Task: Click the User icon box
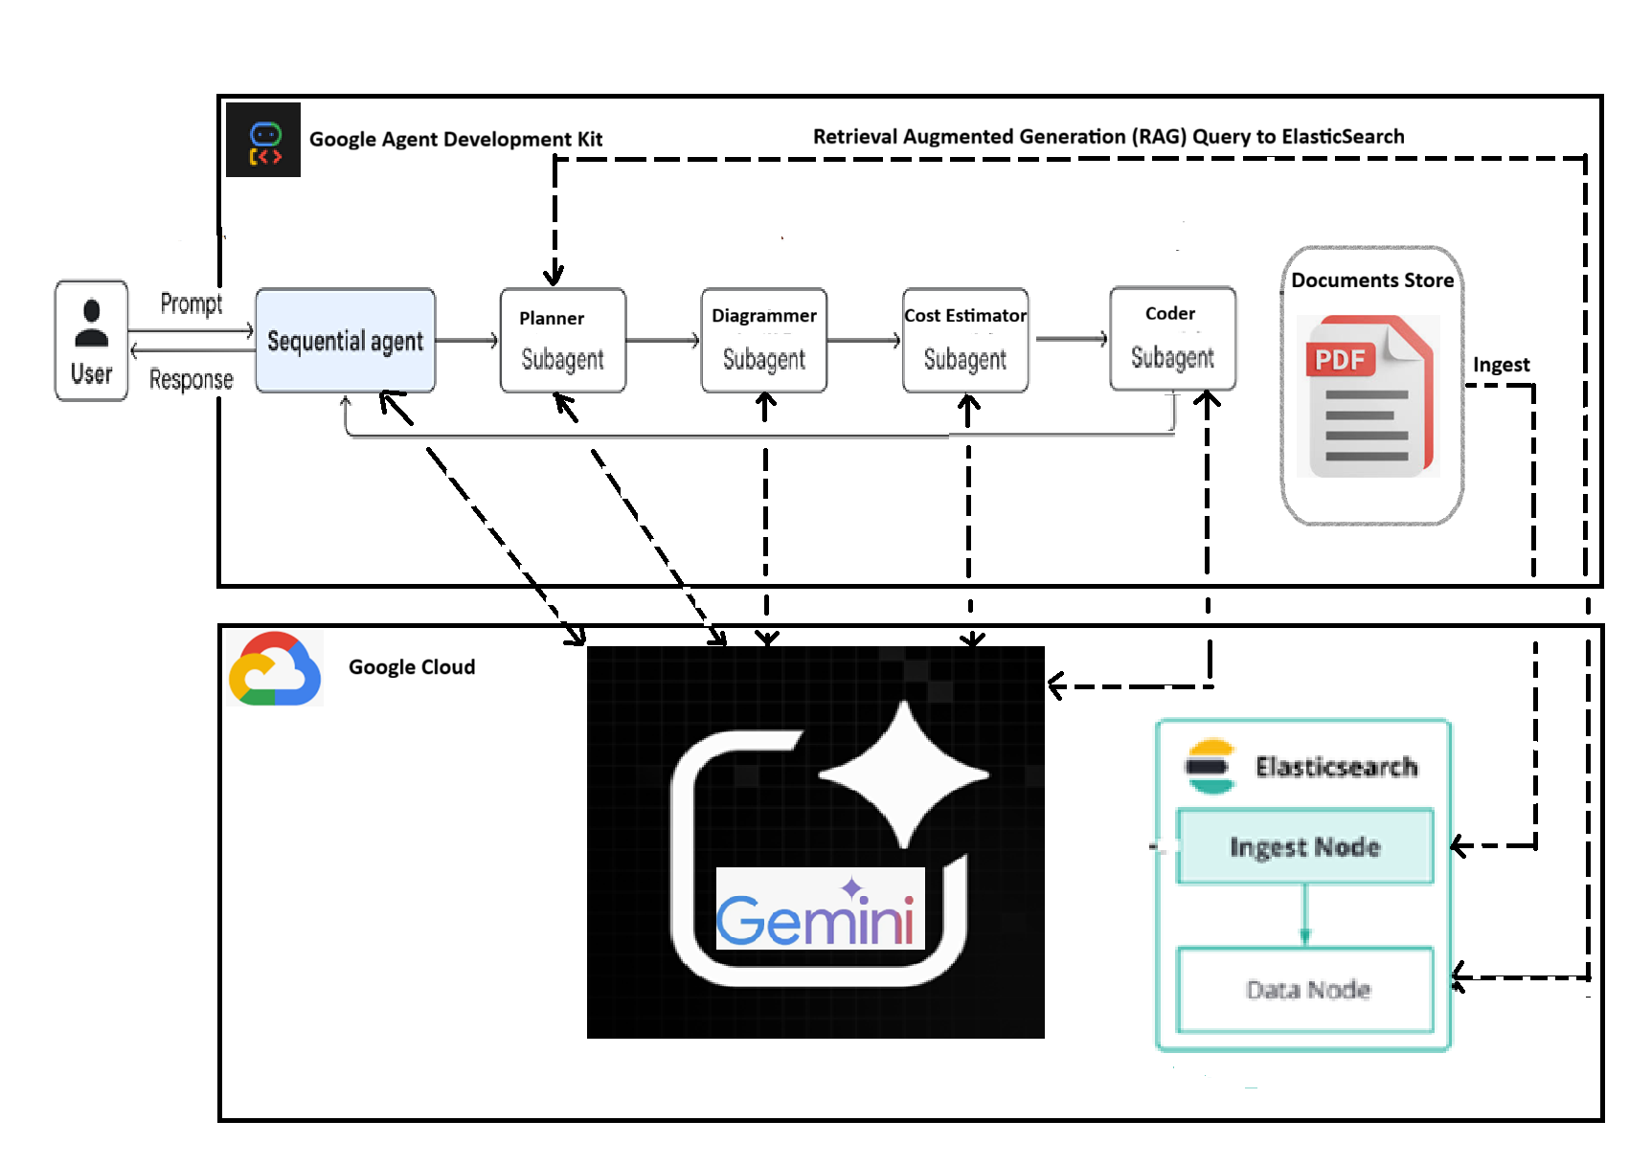click(91, 341)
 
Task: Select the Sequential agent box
click(345, 341)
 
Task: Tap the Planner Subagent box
click(563, 341)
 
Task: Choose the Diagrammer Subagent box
click(764, 341)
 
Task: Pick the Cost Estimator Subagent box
click(965, 341)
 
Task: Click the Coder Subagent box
click(1172, 339)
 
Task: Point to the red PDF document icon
click(1368, 396)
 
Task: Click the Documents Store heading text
click(1371, 280)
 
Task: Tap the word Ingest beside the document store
click(1501, 365)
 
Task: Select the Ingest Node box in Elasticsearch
click(1304, 846)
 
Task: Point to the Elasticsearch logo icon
click(1210, 766)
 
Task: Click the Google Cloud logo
click(275, 669)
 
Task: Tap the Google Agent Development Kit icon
click(263, 140)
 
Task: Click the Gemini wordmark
click(816, 919)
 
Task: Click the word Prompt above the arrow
click(191, 303)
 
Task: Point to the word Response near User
click(191, 379)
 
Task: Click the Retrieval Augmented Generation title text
click(1108, 137)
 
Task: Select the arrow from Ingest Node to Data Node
click(1304, 915)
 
